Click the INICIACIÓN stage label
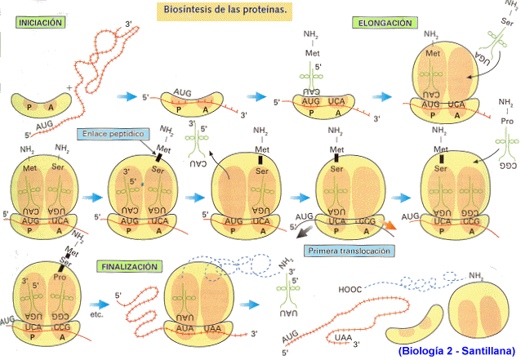40,24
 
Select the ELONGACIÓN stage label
384,24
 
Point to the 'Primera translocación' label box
349,251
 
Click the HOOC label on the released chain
349,288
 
